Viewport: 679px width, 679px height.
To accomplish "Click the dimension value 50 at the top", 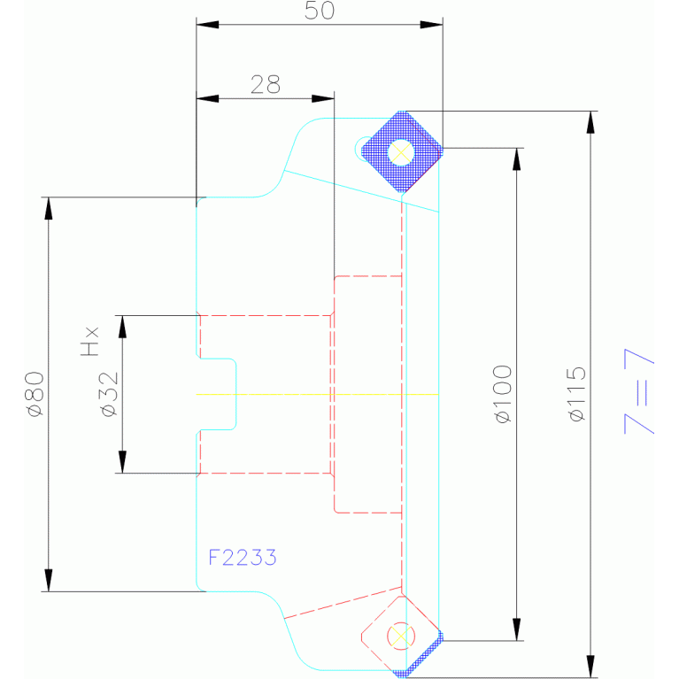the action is click(320, 11).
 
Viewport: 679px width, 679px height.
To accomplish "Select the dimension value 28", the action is click(266, 84).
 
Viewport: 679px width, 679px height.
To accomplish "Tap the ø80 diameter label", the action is click(35, 394).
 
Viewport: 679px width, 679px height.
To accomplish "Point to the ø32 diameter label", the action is click(109, 394).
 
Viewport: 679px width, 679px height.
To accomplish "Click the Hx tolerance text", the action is click(90, 342).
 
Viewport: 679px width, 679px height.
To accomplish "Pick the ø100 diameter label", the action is click(503, 394).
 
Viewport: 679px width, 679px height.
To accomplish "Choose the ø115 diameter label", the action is click(577, 394).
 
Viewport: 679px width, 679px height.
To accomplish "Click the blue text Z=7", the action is click(639, 391).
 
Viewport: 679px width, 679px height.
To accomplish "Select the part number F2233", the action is click(243, 558).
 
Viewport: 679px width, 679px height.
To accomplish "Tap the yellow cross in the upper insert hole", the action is click(401, 152).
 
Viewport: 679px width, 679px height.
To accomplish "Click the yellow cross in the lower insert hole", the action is click(401, 637).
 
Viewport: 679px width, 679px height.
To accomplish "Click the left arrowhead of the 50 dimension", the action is click(207, 25).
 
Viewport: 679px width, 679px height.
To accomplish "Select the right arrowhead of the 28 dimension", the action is click(323, 99).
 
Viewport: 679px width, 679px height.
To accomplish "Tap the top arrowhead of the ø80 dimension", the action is click(49, 208).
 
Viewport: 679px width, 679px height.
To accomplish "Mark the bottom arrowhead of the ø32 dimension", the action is click(122, 461).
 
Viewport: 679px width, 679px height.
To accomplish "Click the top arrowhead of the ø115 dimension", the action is click(590, 122).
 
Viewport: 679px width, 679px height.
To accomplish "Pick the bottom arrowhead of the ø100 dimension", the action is click(517, 629).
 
